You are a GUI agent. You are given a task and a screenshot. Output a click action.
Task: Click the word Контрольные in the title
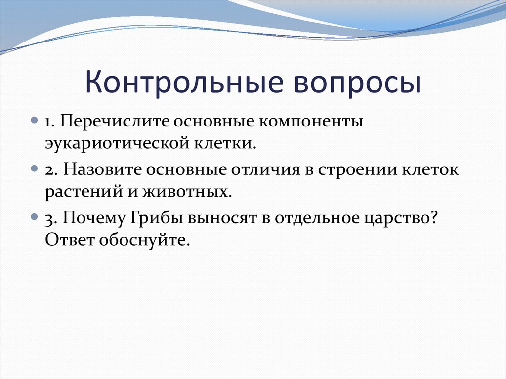point(184,82)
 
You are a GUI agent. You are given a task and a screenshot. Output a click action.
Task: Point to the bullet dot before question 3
point(35,216)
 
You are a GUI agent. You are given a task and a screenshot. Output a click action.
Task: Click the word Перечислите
point(115,122)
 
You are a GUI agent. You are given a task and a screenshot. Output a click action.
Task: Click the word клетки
point(225,143)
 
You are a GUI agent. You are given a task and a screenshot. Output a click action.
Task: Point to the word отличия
point(265,170)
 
